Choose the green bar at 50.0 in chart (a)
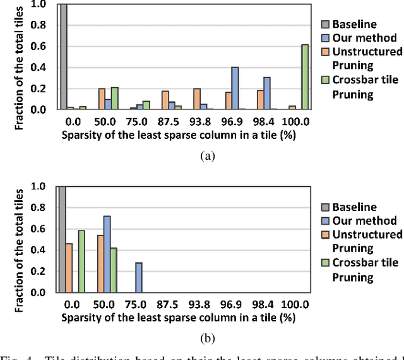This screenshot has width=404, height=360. (114, 99)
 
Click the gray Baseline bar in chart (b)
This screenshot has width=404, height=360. (62, 239)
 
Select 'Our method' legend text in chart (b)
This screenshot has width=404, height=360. (364, 220)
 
